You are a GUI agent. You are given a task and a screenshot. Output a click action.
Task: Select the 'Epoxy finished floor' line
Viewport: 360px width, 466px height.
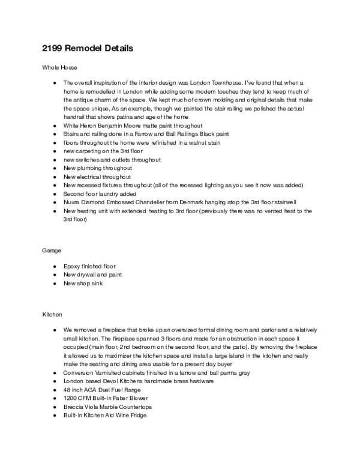click(x=90, y=265)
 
